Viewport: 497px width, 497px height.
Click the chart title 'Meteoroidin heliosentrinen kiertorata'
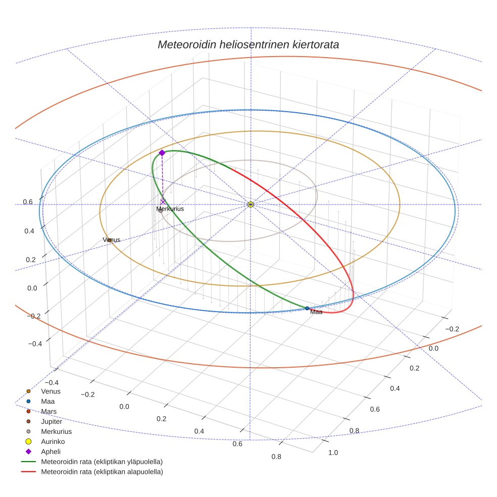pyautogui.click(x=248, y=44)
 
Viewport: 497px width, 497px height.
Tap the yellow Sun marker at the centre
pyautogui.click(x=251, y=204)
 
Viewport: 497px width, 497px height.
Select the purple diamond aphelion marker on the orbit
pyautogui.click(x=162, y=153)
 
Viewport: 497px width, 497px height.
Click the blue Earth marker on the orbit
pyautogui.click(x=307, y=308)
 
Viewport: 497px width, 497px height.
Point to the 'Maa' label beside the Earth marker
pyautogui.click(x=316, y=312)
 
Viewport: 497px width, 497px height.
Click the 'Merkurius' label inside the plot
pyautogui.click(x=170, y=209)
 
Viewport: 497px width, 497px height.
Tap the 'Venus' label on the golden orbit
pyautogui.click(x=112, y=239)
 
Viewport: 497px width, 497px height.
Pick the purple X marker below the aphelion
pyautogui.click(x=163, y=202)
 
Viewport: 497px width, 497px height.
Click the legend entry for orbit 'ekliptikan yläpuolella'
pyautogui.click(x=102, y=462)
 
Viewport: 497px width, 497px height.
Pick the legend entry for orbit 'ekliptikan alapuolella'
pyautogui.click(x=102, y=472)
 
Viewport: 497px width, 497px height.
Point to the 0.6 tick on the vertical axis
pyautogui.click(x=27, y=202)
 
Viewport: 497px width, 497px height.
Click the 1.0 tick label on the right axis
pyautogui.click(x=333, y=453)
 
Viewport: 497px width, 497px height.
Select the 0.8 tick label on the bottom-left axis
pyautogui.click(x=276, y=457)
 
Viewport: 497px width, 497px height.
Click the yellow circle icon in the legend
pyautogui.click(x=29, y=441)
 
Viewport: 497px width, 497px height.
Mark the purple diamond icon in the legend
pyautogui.click(x=29, y=452)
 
